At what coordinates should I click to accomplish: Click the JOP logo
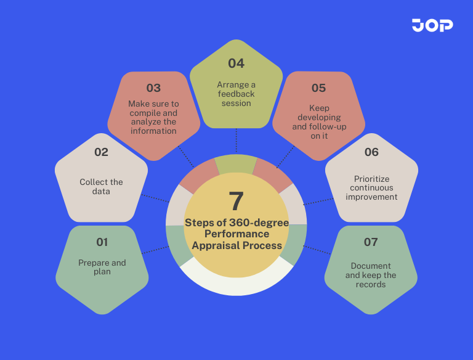(x=432, y=25)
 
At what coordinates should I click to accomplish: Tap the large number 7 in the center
(x=236, y=202)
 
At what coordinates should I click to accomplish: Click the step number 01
(x=102, y=242)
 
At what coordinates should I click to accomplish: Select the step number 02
(x=101, y=152)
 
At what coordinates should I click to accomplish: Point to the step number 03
(x=153, y=88)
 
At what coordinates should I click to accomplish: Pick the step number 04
(x=236, y=63)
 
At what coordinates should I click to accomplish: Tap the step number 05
(x=318, y=88)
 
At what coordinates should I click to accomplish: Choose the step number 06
(x=371, y=152)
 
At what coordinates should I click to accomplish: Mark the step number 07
(x=371, y=242)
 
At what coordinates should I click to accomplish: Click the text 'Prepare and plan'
(x=102, y=267)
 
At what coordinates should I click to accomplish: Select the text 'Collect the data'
(x=101, y=186)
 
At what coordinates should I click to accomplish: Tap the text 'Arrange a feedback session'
(x=236, y=94)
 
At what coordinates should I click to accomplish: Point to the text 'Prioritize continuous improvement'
(x=371, y=188)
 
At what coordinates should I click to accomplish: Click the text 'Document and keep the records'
(x=371, y=275)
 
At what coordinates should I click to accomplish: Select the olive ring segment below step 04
(x=236, y=163)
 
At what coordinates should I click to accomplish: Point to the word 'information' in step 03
(x=153, y=131)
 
